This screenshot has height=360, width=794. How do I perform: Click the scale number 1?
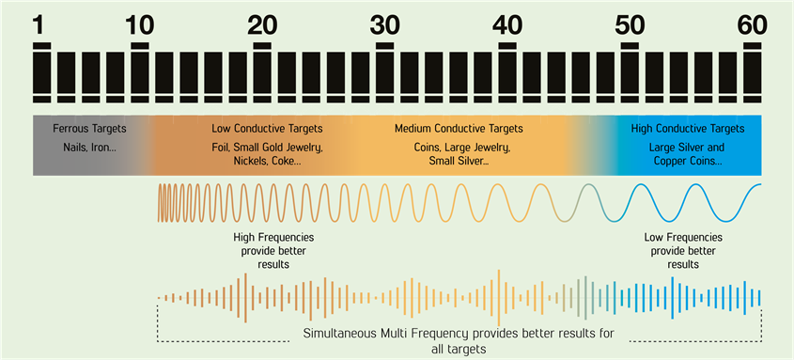pyautogui.click(x=39, y=24)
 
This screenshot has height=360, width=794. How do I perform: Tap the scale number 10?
pyautogui.click(x=139, y=24)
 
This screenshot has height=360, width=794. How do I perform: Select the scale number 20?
pyautogui.click(x=262, y=24)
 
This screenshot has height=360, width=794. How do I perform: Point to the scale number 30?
pyautogui.click(x=386, y=24)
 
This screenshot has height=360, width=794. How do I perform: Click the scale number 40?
pyautogui.click(x=507, y=24)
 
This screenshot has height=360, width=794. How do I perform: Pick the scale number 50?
pyautogui.click(x=630, y=24)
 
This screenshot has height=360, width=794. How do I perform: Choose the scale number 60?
pyautogui.click(x=753, y=24)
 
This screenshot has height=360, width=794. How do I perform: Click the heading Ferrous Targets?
pyautogui.click(x=89, y=128)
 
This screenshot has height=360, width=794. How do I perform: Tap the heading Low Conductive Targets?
pyautogui.click(x=267, y=128)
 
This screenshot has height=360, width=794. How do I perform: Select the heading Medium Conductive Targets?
pyautogui.click(x=459, y=128)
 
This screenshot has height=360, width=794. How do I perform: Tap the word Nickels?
pyautogui.click(x=243, y=162)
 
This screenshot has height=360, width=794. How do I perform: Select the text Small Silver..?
pyautogui.click(x=455, y=162)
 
